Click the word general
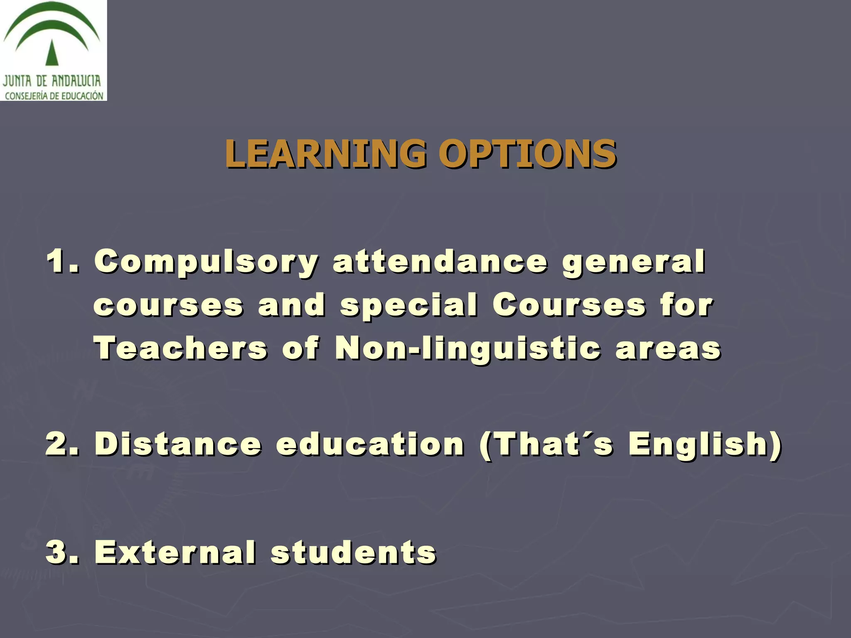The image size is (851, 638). click(x=634, y=262)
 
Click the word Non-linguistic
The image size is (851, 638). click(x=468, y=349)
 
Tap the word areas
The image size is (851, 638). click(x=668, y=349)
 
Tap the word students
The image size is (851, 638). click(x=354, y=552)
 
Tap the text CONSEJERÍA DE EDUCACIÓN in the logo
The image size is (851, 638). click(x=54, y=96)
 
